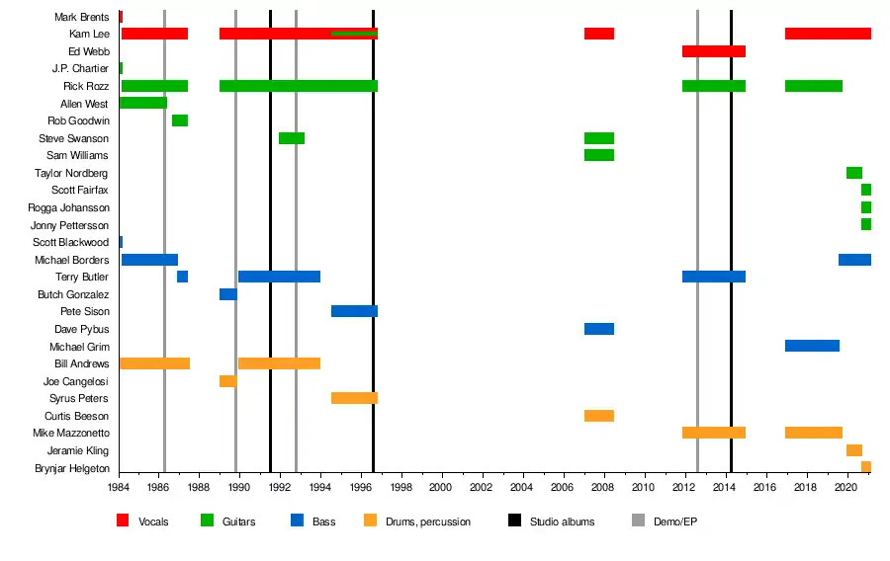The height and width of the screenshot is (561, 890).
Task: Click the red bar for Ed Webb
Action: [713, 51]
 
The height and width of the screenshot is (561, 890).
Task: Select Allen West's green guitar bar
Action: [142, 103]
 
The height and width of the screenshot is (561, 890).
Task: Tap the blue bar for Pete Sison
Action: [354, 311]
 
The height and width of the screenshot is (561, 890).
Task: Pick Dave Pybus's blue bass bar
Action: [598, 329]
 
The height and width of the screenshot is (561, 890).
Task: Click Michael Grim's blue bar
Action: [812, 346]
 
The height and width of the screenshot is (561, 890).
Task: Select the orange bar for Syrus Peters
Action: [354, 398]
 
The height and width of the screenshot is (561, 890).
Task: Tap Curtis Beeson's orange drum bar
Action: [598, 416]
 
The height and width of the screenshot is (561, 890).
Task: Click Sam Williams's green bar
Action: [598, 155]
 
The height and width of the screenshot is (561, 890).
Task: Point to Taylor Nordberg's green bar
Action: [853, 173]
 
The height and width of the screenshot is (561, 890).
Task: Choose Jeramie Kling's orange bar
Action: [853, 450]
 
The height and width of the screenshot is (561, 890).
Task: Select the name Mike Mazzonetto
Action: [71, 433]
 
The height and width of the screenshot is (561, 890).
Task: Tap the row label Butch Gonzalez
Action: [73, 294]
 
